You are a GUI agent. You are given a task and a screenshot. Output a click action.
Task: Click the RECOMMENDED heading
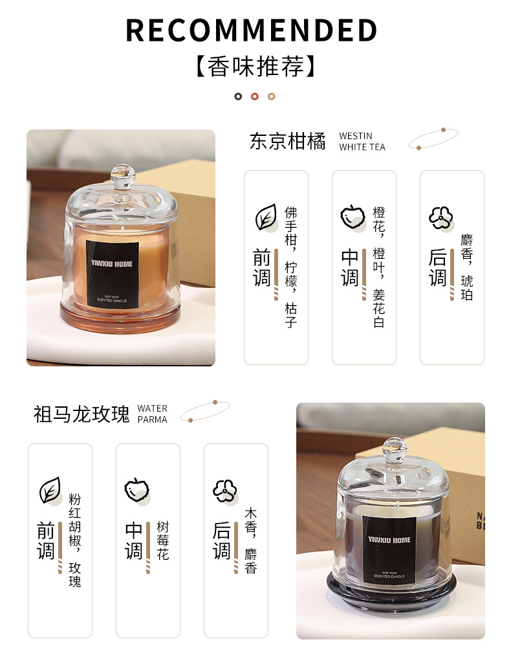pyautogui.click(x=252, y=30)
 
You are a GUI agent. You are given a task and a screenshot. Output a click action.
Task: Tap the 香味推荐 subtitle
pyautogui.click(x=255, y=67)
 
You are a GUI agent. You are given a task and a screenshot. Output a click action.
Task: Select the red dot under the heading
pyautogui.click(x=255, y=96)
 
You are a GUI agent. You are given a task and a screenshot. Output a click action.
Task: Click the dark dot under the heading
pyautogui.click(x=238, y=96)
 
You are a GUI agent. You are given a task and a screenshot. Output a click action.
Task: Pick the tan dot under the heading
pyautogui.click(x=272, y=96)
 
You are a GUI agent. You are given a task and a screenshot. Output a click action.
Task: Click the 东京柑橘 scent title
pyautogui.click(x=288, y=141)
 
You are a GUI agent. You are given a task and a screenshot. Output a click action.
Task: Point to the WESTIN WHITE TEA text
pyautogui.click(x=362, y=142)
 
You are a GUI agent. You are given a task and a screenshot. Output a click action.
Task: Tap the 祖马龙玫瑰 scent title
pyautogui.click(x=82, y=414)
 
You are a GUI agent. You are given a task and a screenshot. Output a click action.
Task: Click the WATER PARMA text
pyautogui.click(x=153, y=414)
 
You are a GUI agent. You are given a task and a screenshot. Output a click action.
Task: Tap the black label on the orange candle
pyautogui.click(x=112, y=274)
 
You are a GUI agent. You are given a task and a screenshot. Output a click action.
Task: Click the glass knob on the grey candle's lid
pyautogui.click(x=394, y=449)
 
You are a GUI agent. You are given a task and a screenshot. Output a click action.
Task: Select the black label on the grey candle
pyautogui.click(x=389, y=550)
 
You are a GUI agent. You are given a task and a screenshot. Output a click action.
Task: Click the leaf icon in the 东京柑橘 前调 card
pyautogui.click(x=266, y=217)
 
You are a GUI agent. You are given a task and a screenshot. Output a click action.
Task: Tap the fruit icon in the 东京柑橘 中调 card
pyautogui.click(x=353, y=217)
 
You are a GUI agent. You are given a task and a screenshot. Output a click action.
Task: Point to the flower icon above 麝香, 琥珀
pyautogui.click(x=441, y=218)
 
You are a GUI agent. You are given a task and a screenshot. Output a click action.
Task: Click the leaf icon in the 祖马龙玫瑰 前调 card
pyautogui.click(x=50, y=491)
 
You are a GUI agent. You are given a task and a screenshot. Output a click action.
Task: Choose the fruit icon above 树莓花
pyautogui.click(x=137, y=491)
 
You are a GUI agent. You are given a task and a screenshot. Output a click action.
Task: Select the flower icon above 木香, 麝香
pyautogui.click(x=225, y=491)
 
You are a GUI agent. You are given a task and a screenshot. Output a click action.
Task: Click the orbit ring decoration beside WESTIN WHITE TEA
pyautogui.click(x=433, y=139)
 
